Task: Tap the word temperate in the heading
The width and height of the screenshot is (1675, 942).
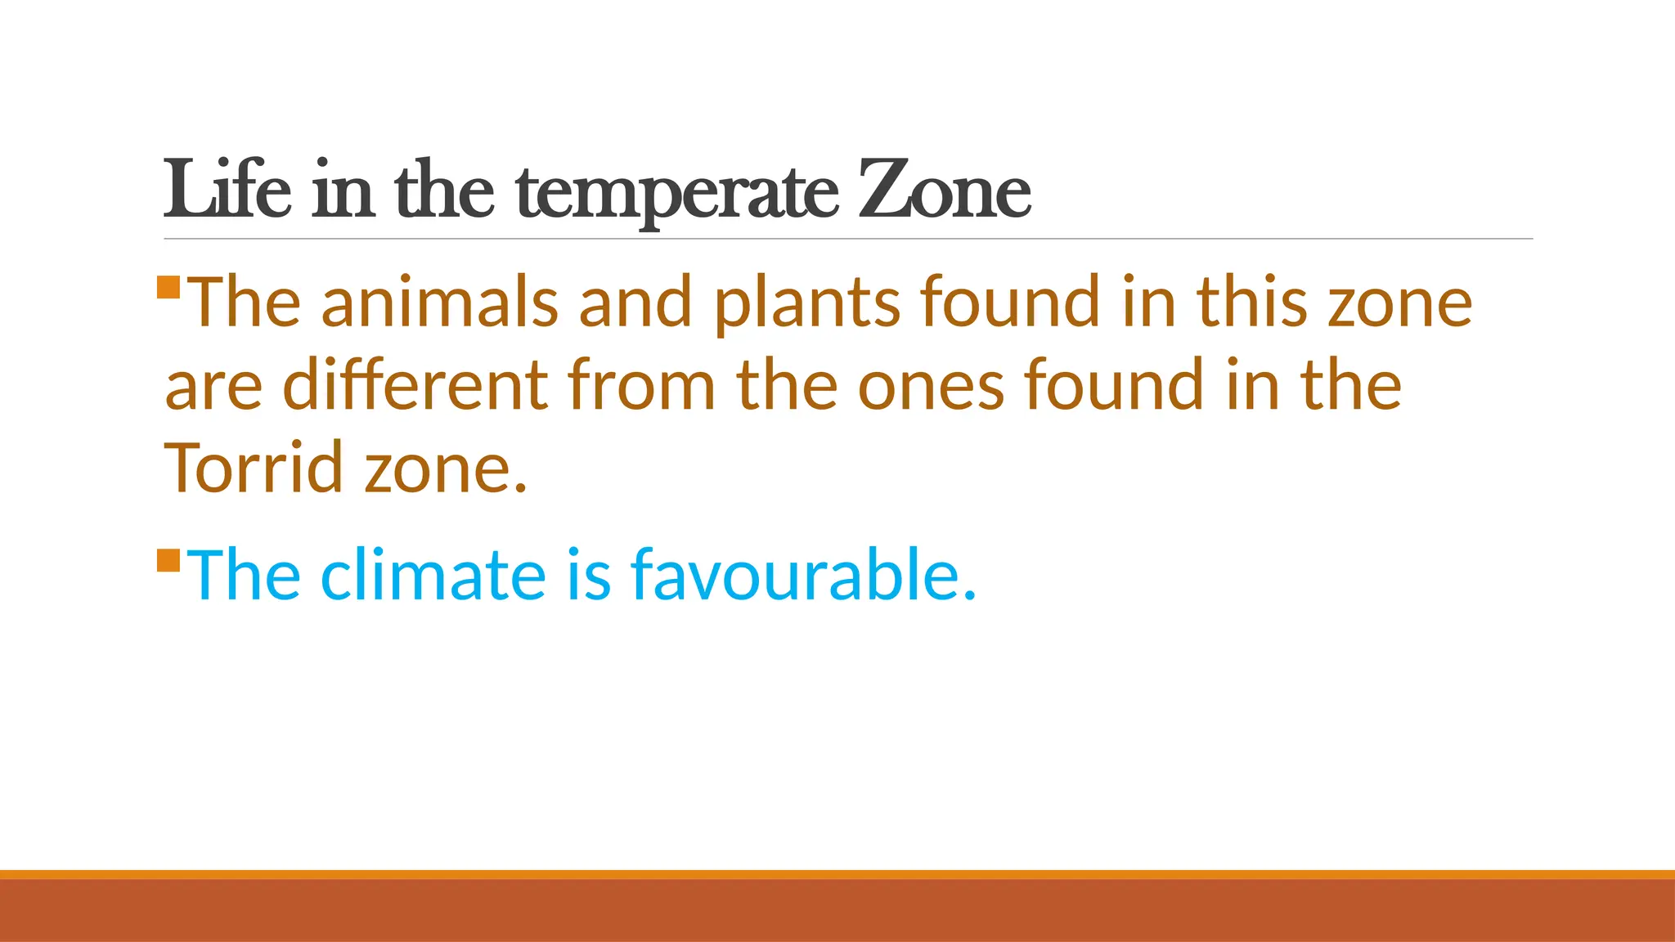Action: point(677,193)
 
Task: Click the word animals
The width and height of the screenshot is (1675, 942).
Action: point(439,302)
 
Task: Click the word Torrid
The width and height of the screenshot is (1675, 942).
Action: point(254,468)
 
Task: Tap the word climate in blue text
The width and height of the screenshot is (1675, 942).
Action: point(433,575)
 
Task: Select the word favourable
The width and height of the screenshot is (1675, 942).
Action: point(803,575)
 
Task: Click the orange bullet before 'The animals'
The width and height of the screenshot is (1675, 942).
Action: point(168,288)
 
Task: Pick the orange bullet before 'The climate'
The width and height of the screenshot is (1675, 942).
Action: point(168,561)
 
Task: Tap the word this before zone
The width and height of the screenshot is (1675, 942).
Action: point(1252,302)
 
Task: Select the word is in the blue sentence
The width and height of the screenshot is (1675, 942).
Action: point(588,575)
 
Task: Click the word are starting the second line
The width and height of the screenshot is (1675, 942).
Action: point(213,386)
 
